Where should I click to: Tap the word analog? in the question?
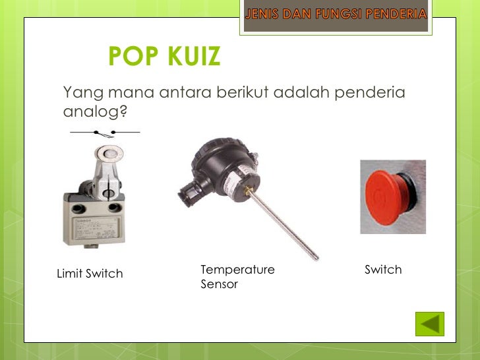95,112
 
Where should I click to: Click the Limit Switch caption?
90,274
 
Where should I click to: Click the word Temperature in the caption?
237,270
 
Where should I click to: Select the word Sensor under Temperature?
219,285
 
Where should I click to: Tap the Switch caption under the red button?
383,270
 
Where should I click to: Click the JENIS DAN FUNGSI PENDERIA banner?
336,14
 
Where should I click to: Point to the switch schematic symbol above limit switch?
105,133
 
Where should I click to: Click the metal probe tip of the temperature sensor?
315,256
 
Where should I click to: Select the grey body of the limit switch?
93,221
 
